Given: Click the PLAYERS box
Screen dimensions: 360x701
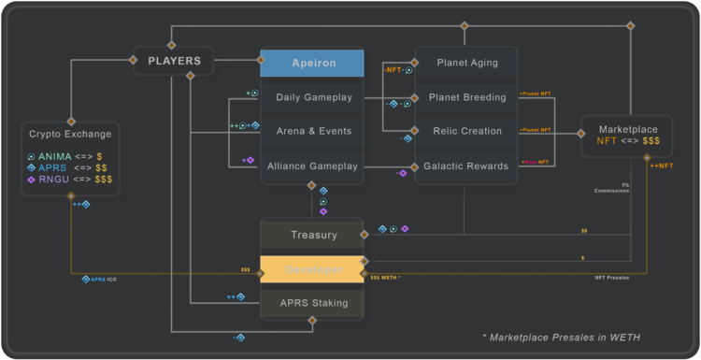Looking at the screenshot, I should pos(174,62).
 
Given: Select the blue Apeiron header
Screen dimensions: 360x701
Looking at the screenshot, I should pos(311,63).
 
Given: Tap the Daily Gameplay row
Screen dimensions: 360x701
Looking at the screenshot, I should pos(311,97).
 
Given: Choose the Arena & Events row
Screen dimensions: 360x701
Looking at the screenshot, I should pos(311,131).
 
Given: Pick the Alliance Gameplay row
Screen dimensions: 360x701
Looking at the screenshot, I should pos(311,166).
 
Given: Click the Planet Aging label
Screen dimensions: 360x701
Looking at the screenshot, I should pos(466,63).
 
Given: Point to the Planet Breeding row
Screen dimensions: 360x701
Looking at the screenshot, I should pos(466,97).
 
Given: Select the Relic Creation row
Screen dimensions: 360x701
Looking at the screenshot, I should pos(466,131).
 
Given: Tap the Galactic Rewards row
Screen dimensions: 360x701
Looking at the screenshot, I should pos(466,166).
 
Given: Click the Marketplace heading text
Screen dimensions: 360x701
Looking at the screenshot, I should pos(626,129).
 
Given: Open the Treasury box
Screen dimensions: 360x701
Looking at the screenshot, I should pos(313,235).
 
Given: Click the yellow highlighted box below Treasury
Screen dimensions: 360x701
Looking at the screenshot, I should pos(312,268).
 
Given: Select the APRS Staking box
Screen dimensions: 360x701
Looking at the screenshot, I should pos(313,303).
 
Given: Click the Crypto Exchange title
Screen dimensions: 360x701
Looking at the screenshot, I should pos(70,134).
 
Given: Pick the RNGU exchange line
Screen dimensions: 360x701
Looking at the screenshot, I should pos(70,178).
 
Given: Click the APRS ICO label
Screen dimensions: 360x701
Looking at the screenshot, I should pos(99,279).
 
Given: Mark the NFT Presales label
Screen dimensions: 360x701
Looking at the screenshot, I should pos(612,278).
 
